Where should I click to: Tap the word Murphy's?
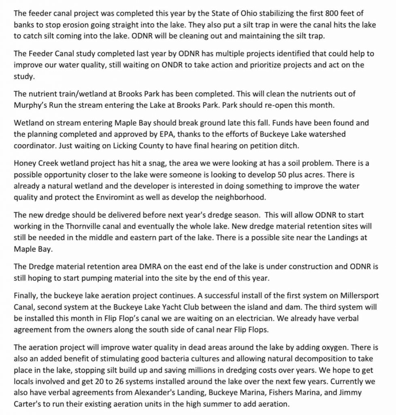(28, 105)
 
